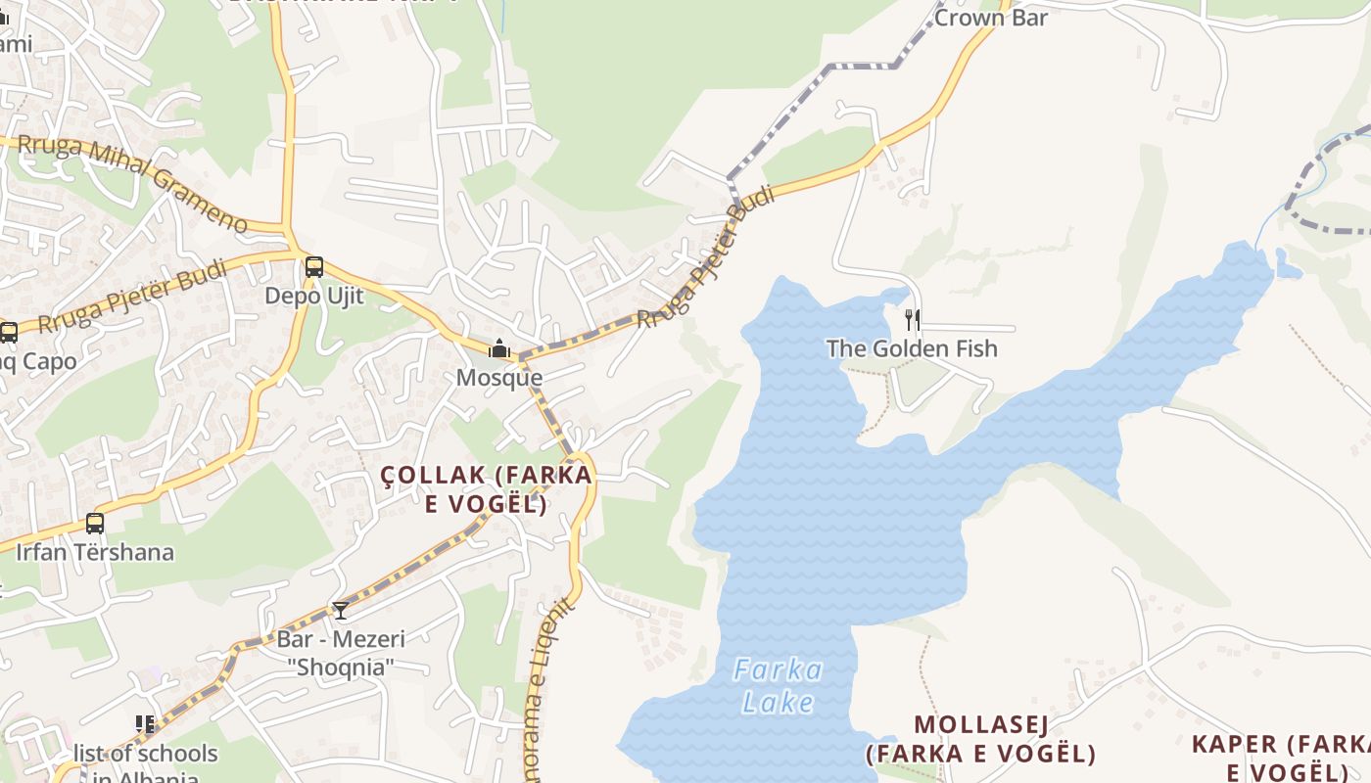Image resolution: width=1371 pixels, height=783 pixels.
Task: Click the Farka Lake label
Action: [x=779, y=686]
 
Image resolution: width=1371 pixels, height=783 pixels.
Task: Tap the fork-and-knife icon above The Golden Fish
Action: [x=912, y=319]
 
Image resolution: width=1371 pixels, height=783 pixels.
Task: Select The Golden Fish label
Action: [x=912, y=348]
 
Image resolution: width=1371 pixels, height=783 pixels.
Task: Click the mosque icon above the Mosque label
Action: [x=499, y=348]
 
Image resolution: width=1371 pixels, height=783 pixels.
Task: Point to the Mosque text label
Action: [x=499, y=378]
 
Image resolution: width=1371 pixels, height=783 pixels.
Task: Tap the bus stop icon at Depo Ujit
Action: [x=313, y=266]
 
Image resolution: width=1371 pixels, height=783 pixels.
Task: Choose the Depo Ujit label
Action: [x=313, y=296]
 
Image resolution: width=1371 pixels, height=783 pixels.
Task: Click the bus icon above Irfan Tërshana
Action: [x=95, y=524]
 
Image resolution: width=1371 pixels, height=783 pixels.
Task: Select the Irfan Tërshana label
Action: [x=95, y=552]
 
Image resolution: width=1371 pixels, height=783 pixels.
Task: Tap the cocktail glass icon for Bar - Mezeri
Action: [x=340, y=611]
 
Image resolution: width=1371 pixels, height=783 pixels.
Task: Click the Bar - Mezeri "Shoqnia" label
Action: [x=340, y=653]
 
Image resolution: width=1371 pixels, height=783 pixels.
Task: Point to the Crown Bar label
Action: [x=991, y=18]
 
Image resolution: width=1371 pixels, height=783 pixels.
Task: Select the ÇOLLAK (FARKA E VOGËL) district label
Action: [x=487, y=489]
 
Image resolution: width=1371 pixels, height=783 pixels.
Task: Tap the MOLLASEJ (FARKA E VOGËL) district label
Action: [x=981, y=739]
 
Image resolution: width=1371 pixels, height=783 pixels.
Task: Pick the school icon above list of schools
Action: [x=146, y=724]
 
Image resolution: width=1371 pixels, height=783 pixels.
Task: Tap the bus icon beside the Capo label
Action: [x=8, y=333]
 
